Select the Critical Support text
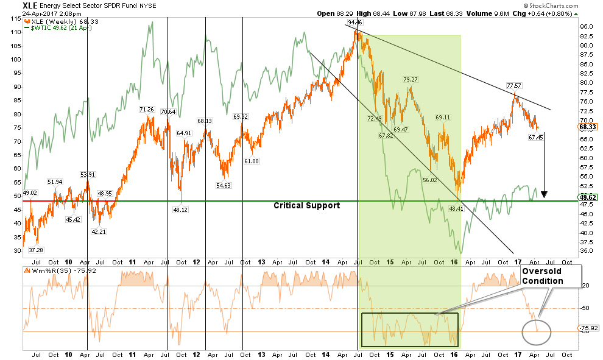click(306, 206)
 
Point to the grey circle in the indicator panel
click(537, 332)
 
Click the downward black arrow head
click(545, 194)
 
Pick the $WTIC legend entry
click(42, 27)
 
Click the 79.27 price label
click(410, 79)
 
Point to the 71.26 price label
click(147, 110)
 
